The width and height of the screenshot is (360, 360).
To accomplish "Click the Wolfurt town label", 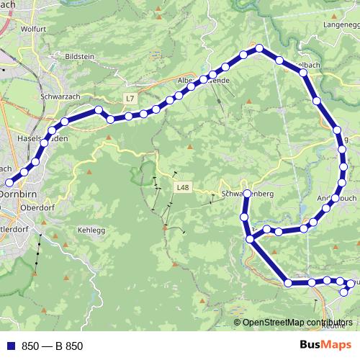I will click(33, 30).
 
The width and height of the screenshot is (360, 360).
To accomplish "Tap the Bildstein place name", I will click(79, 55).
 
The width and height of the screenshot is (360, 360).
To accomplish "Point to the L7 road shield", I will click(130, 97).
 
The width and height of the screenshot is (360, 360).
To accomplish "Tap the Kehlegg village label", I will click(90, 230).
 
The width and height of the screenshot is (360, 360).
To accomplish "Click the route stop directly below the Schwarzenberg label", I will click(244, 217).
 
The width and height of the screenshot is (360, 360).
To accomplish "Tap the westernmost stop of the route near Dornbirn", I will click(9, 182).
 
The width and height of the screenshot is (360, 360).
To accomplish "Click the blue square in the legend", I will click(10, 346).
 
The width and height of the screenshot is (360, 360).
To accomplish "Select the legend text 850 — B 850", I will click(52, 346).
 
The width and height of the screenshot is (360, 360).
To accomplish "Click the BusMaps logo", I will click(325, 346).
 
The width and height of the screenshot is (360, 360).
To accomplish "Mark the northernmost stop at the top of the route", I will click(259, 49).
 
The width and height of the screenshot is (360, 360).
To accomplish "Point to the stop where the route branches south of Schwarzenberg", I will click(250, 240).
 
